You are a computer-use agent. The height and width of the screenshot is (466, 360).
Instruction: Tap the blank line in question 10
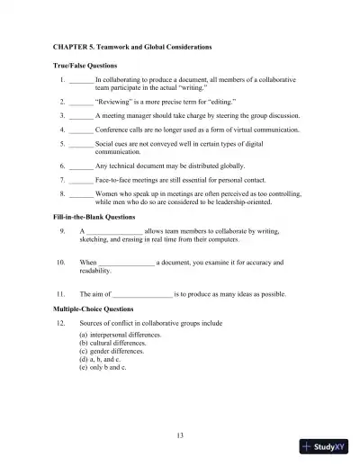click(127, 263)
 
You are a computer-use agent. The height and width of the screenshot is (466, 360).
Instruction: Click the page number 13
click(180, 435)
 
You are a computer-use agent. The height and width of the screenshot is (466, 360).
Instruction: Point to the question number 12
click(59, 321)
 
